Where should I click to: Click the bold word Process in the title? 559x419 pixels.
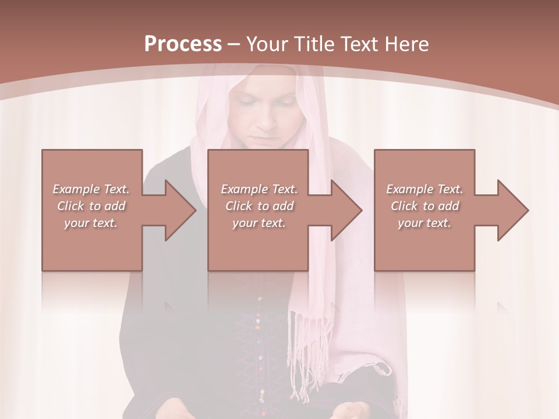click(183, 44)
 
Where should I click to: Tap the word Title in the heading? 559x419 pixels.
click(314, 44)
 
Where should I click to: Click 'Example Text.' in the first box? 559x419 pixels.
click(91, 189)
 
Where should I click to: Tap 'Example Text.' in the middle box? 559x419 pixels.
click(259, 189)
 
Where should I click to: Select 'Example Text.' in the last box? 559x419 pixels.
click(424, 189)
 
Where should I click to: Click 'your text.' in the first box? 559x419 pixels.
click(91, 223)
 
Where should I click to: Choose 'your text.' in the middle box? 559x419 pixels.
click(259, 223)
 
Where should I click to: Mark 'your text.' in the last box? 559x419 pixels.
click(424, 223)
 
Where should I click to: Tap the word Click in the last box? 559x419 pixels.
click(405, 206)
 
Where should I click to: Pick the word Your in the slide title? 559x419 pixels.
click(267, 44)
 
